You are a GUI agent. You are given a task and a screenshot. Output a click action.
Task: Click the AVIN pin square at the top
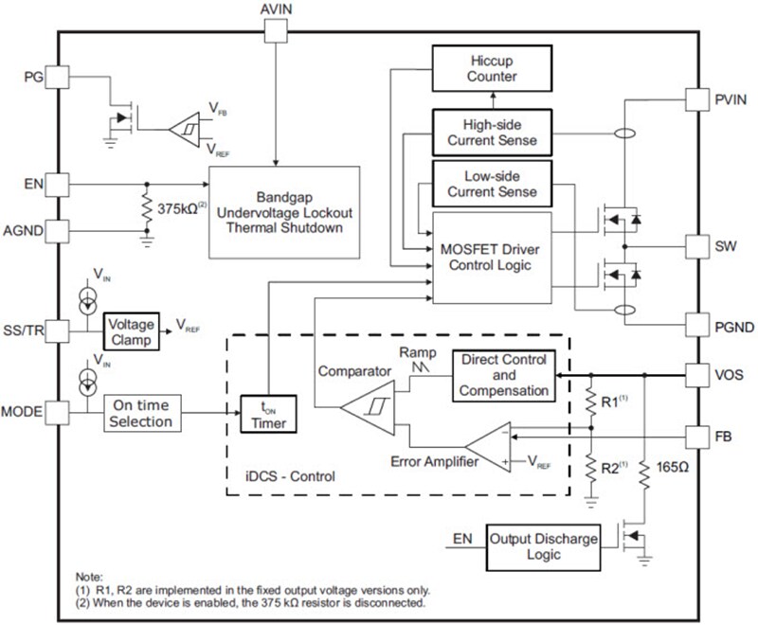[x=275, y=31]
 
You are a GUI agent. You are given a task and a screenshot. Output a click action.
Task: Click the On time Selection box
[x=141, y=414]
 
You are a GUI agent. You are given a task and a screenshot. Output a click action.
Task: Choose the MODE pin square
[x=58, y=414]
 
